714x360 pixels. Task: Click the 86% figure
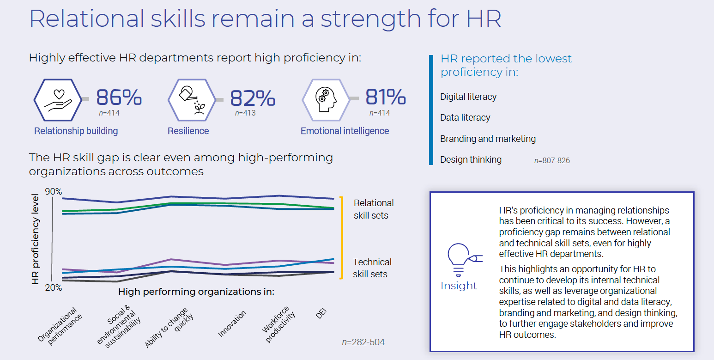click(x=119, y=98)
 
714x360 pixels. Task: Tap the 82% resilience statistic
click(x=252, y=98)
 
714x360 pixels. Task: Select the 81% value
click(x=386, y=97)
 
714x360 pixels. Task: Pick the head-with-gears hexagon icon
click(x=326, y=100)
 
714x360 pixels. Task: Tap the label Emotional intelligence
click(x=345, y=131)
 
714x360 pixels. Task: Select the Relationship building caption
click(x=76, y=131)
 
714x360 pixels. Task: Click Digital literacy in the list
click(x=468, y=97)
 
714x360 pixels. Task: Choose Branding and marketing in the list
click(x=488, y=139)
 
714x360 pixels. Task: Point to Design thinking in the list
click(x=471, y=160)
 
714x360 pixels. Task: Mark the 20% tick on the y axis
click(x=53, y=287)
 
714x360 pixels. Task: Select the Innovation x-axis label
click(x=232, y=323)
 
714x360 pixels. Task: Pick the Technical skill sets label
click(x=372, y=268)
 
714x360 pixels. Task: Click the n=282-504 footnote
click(x=363, y=342)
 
